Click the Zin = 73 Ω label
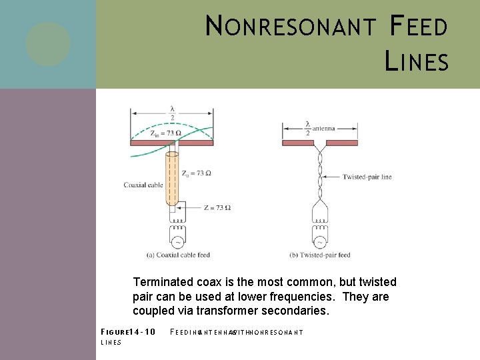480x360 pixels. (x=165, y=133)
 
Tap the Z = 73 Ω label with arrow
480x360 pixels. (x=215, y=208)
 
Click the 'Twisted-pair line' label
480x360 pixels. (x=367, y=177)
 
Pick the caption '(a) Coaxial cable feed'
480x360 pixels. (x=178, y=255)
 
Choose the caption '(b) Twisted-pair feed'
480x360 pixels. (x=320, y=255)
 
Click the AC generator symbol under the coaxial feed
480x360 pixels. (x=177, y=241)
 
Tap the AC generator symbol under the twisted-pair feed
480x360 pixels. (x=320, y=241)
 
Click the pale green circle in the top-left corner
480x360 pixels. (x=48, y=44)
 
